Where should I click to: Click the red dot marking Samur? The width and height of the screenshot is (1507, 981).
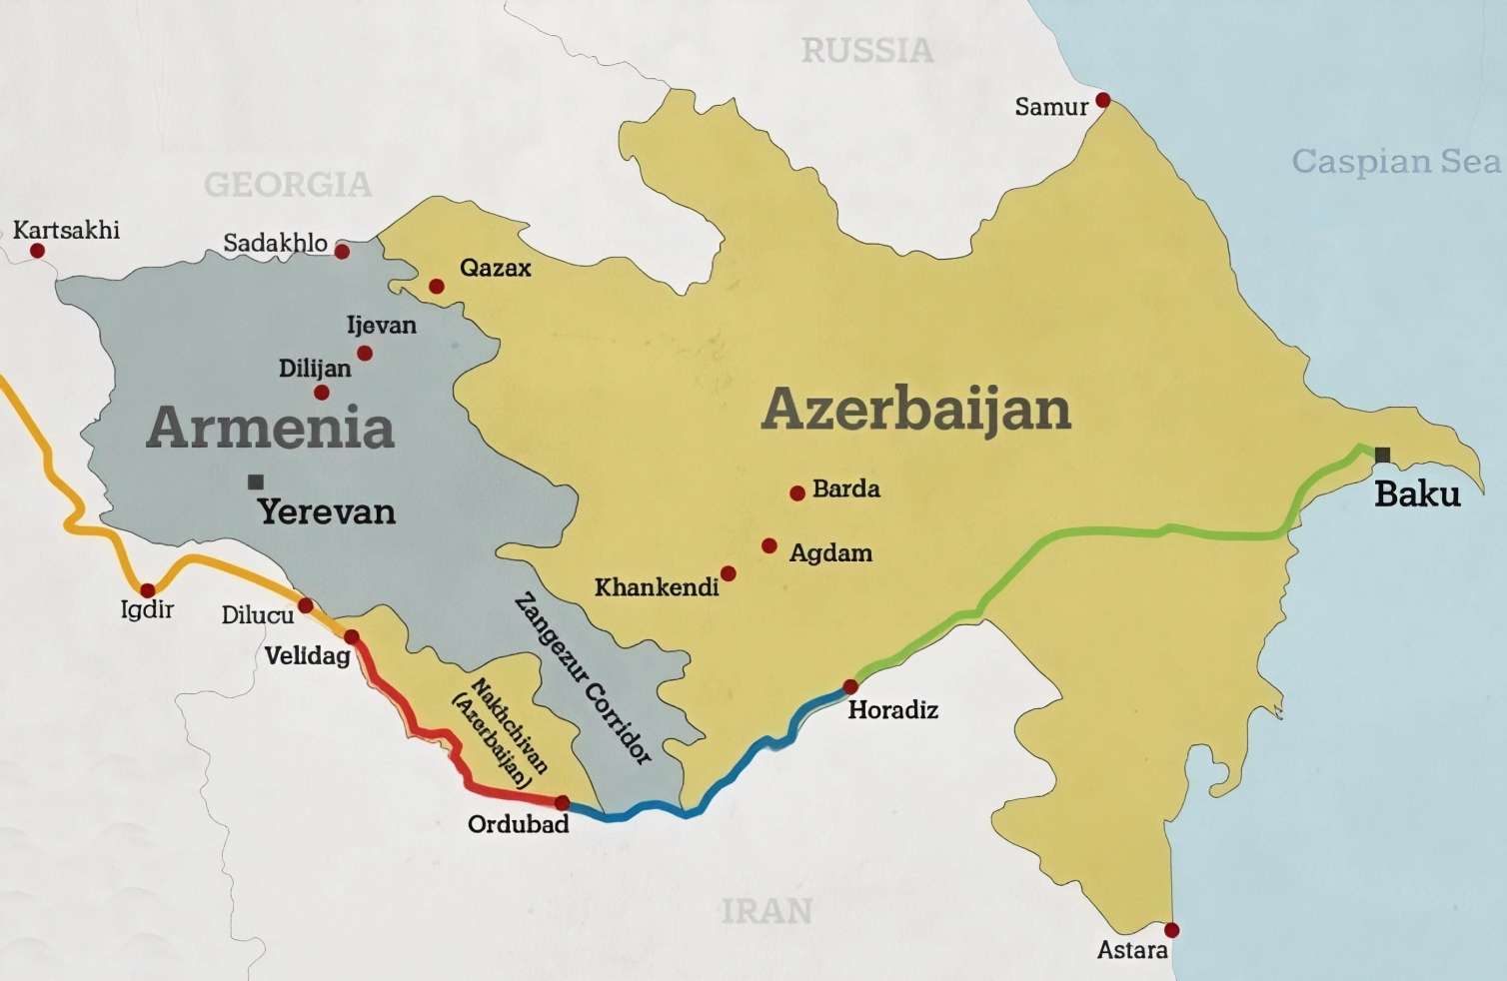(1103, 100)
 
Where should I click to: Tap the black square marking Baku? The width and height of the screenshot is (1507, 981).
(1382, 456)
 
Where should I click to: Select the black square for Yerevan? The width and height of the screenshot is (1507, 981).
(256, 482)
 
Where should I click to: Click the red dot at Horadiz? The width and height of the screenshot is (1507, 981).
(850, 686)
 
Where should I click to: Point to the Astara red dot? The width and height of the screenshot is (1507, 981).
(1172, 930)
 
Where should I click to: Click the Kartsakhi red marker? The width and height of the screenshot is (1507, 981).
(37, 251)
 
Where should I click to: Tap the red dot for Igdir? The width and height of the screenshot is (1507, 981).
(148, 590)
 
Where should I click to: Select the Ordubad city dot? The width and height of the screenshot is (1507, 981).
(563, 803)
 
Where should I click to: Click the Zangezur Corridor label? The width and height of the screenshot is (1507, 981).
(583, 678)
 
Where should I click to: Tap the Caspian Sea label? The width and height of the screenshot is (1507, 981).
(1395, 161)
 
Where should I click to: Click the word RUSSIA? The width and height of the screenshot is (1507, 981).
(867, 50)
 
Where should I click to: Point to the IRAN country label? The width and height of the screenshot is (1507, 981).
(766, 910)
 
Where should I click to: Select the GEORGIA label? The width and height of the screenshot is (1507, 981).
(288, 184)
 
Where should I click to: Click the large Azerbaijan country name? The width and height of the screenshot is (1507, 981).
(915, 410)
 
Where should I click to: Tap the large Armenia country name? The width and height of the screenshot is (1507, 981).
(270, 428)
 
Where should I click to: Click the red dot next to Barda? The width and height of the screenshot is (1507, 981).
(797, 492)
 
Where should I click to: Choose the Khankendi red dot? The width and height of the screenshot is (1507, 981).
(729, 573)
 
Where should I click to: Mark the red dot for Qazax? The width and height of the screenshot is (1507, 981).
(437, 287)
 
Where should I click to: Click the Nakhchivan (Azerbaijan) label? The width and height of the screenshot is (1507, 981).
(503, 733)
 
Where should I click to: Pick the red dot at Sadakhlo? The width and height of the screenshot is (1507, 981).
(342, 252)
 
